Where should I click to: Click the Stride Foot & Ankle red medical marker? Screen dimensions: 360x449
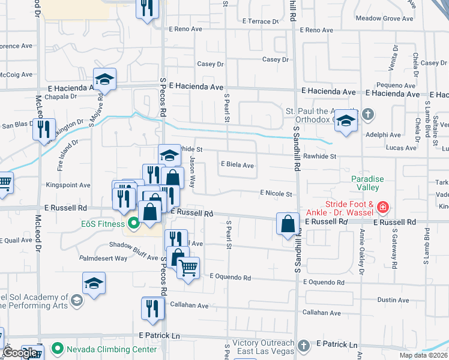[382, 208]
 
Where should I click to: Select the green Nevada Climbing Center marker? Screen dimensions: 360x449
[57, 348]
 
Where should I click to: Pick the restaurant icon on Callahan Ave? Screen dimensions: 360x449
[152, 307]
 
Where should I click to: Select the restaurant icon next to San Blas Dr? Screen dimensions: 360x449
[43, 130]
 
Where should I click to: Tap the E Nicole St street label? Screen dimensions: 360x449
[276, 194]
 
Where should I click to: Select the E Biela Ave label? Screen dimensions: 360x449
[237, 164]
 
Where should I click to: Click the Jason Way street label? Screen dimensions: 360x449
[193, 172]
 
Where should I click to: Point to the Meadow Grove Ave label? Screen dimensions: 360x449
[384, 19]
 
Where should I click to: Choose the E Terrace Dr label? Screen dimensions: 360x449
[261, 21]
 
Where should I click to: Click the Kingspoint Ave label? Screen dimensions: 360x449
[68, 186]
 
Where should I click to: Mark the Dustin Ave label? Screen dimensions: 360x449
[393, 300]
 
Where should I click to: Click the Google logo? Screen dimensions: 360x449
[20, 353]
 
